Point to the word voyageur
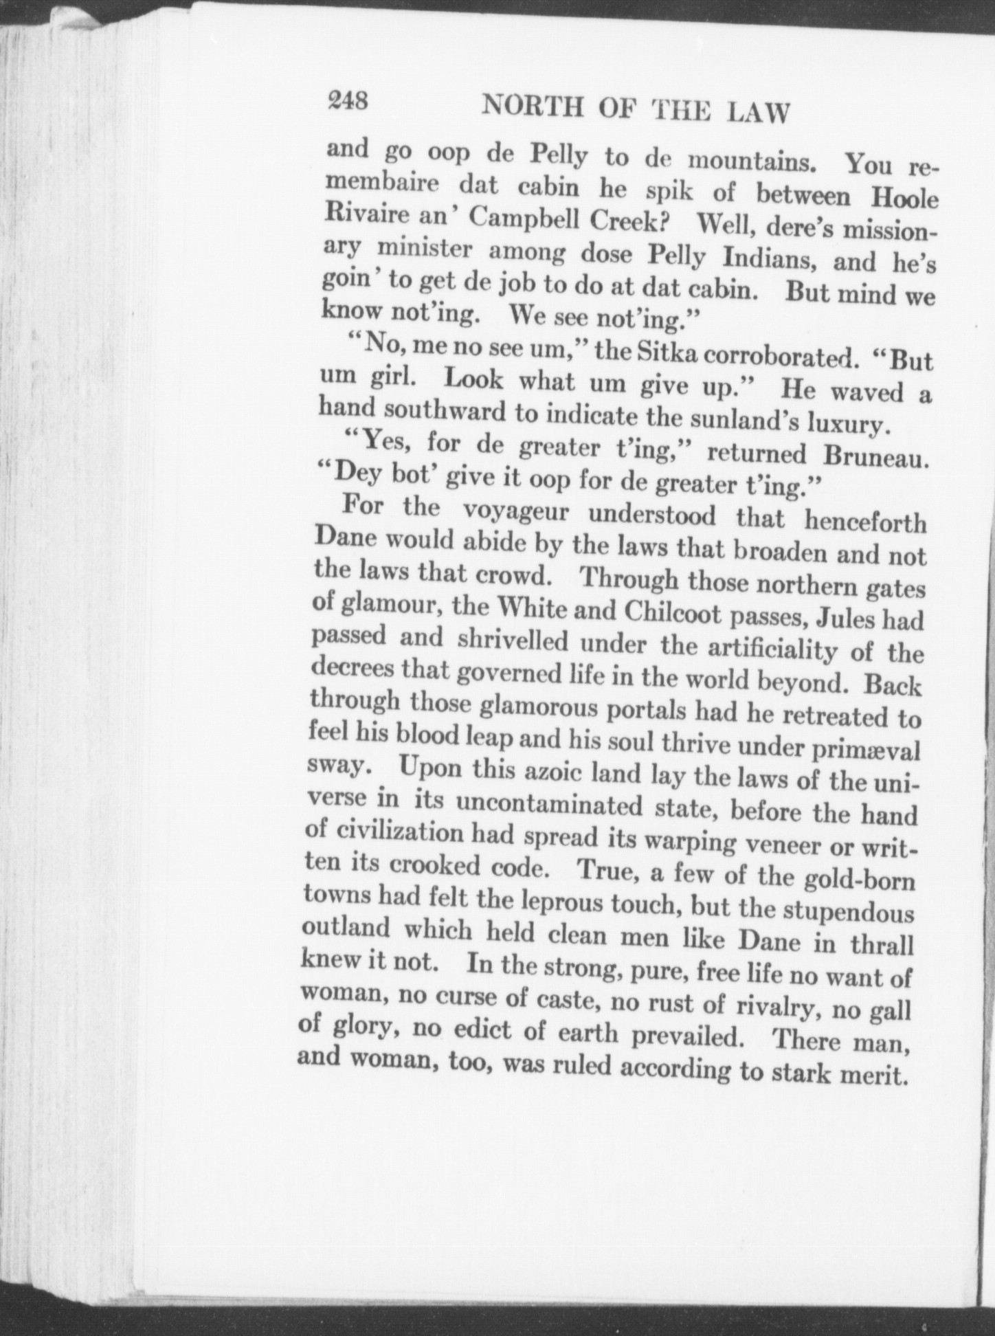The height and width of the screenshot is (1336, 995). pyautogui.click(x=514, y=512)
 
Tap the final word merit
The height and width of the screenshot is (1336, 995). pyautogui.click(x=870, y=1073)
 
